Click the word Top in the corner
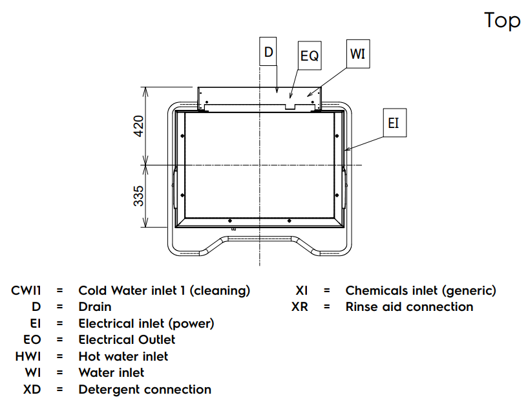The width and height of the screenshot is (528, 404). click(502, 20)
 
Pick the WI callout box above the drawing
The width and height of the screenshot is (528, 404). click(357, 54)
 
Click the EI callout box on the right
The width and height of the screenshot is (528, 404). click(394, 123)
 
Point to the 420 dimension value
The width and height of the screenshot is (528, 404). click(138, 127)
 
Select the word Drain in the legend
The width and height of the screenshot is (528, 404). click(95, 306)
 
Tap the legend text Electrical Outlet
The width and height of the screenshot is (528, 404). click(127, 339)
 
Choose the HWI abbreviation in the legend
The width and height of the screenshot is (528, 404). click(28, 356)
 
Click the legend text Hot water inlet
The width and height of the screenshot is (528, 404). click(123, 356)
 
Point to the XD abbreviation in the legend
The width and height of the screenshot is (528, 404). click(32, 389)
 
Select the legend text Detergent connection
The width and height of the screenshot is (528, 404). click(145, 389)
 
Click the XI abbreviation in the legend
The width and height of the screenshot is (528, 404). click(301, 290)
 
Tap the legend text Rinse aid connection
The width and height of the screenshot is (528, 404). click(409, 306)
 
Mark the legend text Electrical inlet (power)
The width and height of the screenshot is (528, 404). click(146, 323)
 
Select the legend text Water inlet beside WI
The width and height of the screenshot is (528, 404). click(111, 372)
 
